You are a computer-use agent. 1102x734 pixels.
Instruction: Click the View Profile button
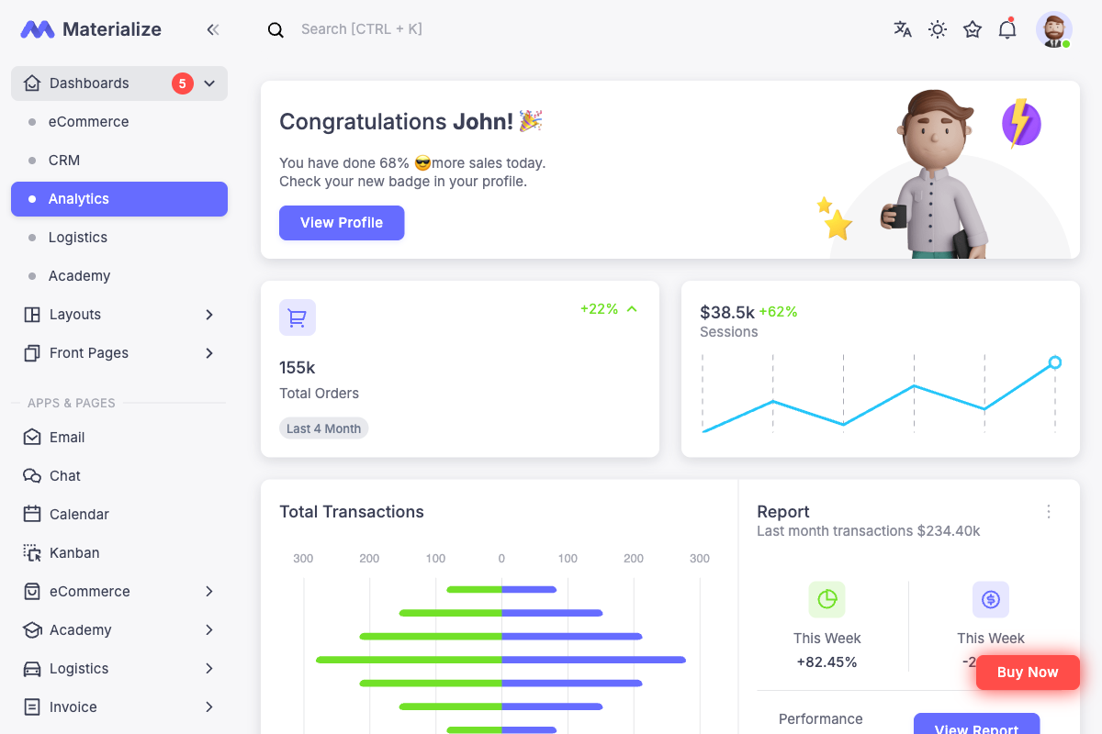[x=342, y=223]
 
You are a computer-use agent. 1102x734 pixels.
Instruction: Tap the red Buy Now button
[x=1027, y=673]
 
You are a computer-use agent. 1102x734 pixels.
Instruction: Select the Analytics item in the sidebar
[x=119, y=199]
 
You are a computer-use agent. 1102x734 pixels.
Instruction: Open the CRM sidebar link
[x=64, y=161]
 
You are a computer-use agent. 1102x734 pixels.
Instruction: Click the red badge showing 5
[x=182, y=83]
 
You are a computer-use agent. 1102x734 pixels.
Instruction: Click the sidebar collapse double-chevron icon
[x=213, y=29]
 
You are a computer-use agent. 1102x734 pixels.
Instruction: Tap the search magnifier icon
[x=275, y=30]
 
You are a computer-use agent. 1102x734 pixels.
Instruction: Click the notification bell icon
[x=1007, y=29]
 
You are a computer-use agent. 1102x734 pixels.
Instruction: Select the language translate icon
[x=903, y=29]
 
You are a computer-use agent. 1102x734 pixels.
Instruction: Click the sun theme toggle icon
[x=938, y=29]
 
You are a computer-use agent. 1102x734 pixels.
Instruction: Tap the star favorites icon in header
[x=973, y=29]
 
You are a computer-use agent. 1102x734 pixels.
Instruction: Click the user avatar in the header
[x=1053, y=29]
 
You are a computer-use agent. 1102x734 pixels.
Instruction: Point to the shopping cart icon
[x=297, y=317]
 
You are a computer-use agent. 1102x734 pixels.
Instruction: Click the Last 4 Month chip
[x=323, y=428]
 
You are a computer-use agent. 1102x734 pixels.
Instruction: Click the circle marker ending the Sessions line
[x=1054, y=362]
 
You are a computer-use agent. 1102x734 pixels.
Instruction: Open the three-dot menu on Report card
[x=1049, y=512]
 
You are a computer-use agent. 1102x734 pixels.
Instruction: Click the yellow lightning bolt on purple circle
[x=1019, y=123]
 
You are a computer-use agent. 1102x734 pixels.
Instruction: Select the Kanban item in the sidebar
[x=74, y=553]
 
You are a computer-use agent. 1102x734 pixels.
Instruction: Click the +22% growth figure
[x=599, y=309]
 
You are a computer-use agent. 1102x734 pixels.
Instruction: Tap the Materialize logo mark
[x=38, y=29]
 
